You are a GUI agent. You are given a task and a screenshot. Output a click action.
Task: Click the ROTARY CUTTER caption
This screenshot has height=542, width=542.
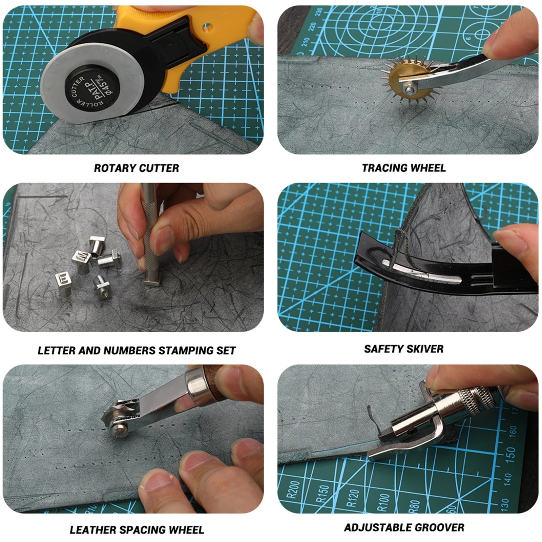coord(136,168)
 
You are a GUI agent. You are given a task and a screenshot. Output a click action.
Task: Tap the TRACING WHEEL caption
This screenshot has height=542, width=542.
coord(403,168)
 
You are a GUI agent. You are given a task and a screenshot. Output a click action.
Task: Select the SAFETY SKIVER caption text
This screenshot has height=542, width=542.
coord(403,349)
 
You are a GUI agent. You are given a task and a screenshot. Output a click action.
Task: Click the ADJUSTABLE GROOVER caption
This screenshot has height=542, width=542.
coord(404,527)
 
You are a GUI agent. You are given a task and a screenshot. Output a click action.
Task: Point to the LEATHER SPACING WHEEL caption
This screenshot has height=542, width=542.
coord(137,530)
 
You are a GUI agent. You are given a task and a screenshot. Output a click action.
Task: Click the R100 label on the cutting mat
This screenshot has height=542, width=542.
coord(382,502)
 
